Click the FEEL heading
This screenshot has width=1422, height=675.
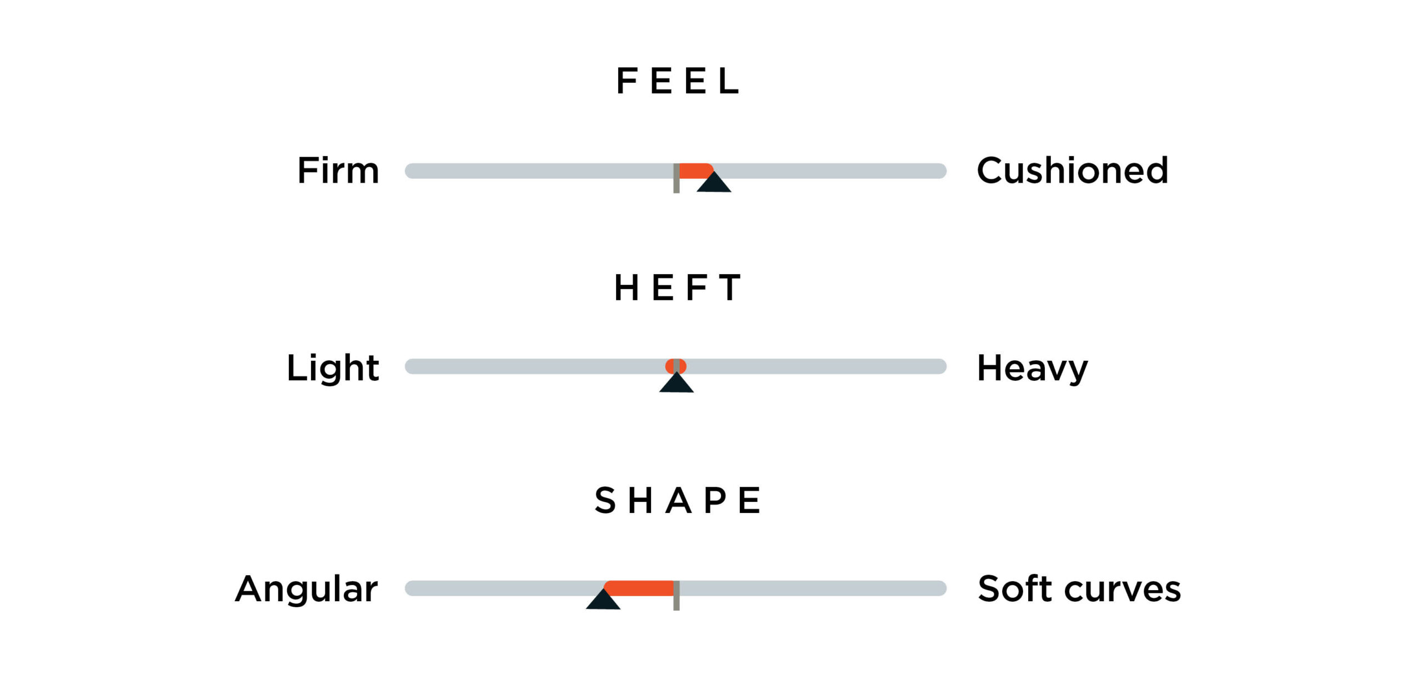point(678,81)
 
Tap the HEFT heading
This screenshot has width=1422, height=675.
point(677,288)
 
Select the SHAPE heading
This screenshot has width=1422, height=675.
point(677,500)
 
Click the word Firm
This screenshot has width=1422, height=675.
point(338,170)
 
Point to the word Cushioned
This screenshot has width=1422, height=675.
point(1073,170)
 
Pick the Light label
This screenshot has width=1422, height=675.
point(333,367)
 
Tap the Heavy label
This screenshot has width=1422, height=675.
point(1032,368)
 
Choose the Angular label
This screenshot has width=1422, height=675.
point(307,589)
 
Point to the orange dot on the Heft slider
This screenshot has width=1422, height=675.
point(676,366)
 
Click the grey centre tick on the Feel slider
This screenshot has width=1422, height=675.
point(676,178)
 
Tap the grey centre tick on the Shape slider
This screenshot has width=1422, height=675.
point(676,596)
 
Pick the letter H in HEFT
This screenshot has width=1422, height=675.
point(626,288)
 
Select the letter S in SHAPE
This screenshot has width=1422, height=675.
point(605,500)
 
